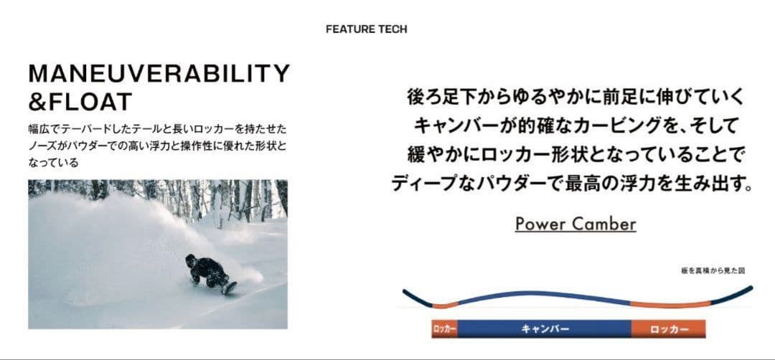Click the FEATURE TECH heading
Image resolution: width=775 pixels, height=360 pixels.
[x=366, y=29]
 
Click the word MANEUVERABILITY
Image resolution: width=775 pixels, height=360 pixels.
[x=159, y=74]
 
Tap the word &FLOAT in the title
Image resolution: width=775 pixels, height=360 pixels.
[x=80, y=102]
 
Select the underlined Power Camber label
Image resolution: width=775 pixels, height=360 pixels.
[x=576, y=224]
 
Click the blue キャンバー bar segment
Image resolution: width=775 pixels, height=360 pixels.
[x=545, y=329]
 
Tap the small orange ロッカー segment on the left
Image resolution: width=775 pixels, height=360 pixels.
[x=444, y=329]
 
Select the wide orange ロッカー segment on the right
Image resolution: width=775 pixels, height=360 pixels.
[x=669, y=329]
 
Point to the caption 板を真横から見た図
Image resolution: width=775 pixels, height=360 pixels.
[x=713, y=270]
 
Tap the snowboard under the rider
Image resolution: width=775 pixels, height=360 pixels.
[x=229, y=288]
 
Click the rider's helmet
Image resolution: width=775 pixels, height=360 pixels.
[x=190, y=258]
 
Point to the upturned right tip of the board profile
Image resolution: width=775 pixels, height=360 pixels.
[x=751, y=287]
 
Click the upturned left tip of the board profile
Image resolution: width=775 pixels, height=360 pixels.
[x=404, y=291]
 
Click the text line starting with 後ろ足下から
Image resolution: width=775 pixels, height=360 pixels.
[x=576, y=97]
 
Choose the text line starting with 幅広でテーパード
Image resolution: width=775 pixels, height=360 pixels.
[x=158, y=129]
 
